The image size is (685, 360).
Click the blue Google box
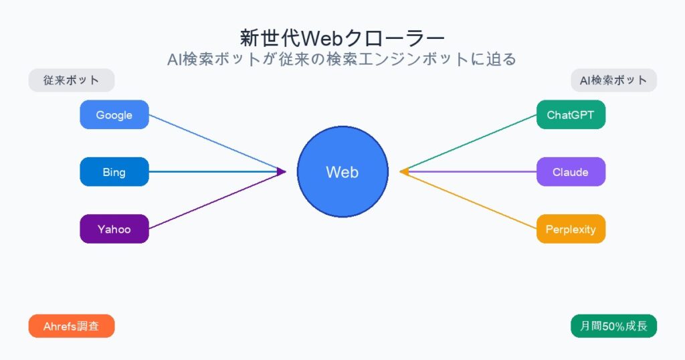coord(114,114)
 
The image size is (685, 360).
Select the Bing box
coord(114,172)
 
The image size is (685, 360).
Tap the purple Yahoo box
coord(114,229)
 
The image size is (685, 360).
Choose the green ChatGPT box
coord(571,114)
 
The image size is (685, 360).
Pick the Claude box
coord(571,172)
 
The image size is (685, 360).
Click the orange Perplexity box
coord(571,229)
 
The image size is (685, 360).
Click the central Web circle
coord(342,172)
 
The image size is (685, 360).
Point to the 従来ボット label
coord(72,80)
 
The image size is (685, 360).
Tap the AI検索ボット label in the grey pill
coord(613,80)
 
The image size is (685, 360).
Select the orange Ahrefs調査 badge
coord(72,326)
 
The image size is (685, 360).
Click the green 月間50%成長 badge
coord(613,326)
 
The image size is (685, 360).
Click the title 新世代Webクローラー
coord(342,36)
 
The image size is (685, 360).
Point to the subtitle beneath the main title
coord(342,59)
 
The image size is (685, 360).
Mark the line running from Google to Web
coord(214,143)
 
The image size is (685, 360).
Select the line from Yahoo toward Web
coord(214,201)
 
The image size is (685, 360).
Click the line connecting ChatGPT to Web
coord(468,143)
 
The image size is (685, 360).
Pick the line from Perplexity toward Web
coord(468,200)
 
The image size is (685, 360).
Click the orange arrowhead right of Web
coord(403,172)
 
